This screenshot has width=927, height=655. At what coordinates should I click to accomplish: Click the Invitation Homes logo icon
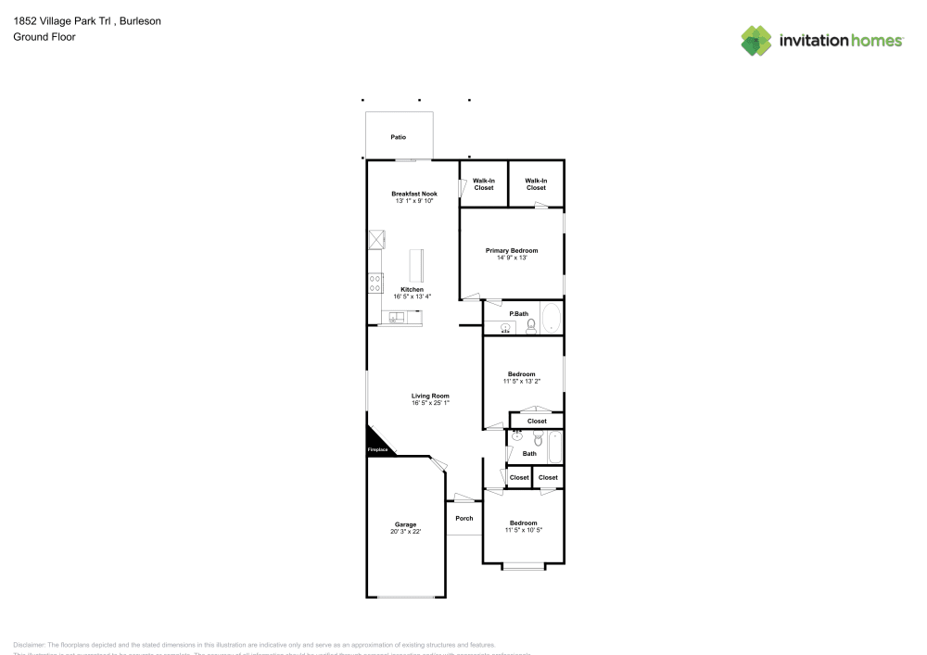[756, 40]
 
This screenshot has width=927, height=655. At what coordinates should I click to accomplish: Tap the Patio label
[398, 137]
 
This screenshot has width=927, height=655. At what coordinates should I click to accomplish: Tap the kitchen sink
[396, 318]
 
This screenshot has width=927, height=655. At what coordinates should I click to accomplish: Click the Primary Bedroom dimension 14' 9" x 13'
[512, 258]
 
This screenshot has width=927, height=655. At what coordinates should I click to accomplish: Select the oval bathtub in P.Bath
[552, 318]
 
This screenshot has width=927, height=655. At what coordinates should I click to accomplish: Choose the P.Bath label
[519, 313]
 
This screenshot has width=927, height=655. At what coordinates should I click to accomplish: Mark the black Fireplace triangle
[376, 442]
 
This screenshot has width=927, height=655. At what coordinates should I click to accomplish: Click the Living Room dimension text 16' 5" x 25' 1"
[431, 403]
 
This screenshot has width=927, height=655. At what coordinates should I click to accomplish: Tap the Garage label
[406, 524]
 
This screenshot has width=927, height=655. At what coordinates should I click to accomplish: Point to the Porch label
[464, 519]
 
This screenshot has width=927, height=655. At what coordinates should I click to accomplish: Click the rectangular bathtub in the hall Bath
[554, 447]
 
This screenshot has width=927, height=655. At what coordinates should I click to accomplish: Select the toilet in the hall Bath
[538, 438]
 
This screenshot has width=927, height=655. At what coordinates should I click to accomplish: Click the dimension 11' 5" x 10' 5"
[523, 530]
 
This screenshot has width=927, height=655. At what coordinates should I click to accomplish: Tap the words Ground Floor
[44, 37]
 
